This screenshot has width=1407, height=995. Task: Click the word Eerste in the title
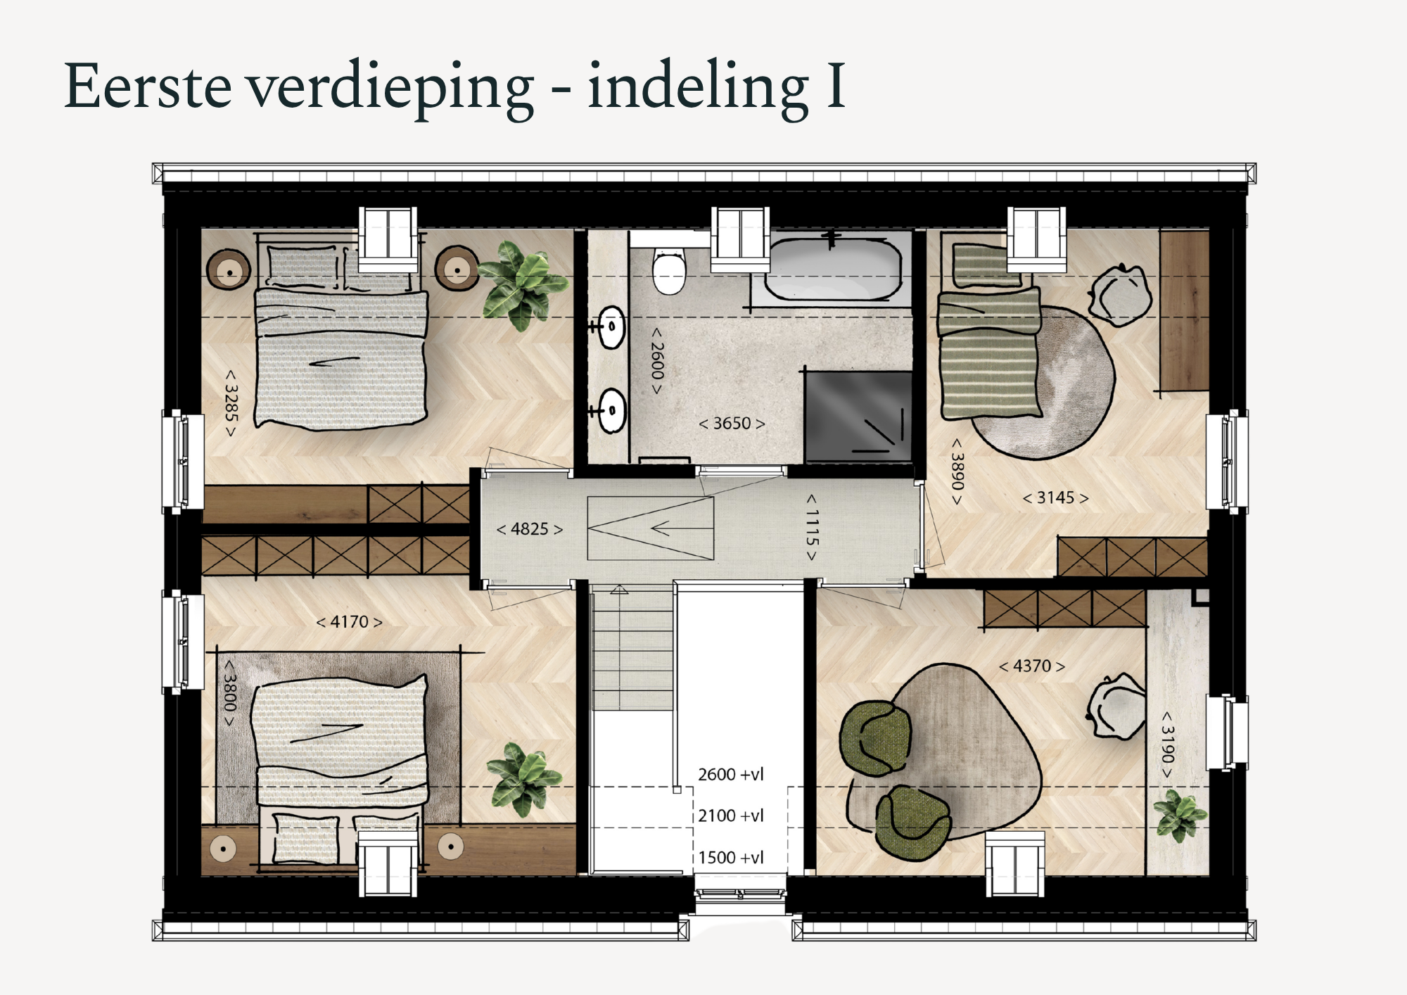pyautogui.click(x=148, y=86)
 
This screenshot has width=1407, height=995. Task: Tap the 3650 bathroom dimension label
pyautogui.click(x=732, y=424)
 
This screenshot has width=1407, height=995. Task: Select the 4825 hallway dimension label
pyautogui.click(x=530, y=529)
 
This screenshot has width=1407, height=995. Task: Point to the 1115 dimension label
pyautogui.click(x=812, y=528)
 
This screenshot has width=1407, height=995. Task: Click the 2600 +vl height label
pyautogui.click(x=731, y=775)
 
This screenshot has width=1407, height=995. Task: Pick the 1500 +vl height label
pyautogui.click(x=731, y=858)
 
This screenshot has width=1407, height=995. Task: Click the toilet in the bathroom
pyautogui.click(x=668, y=271)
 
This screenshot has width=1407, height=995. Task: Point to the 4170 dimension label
pyautogui.click(x=349, y=622)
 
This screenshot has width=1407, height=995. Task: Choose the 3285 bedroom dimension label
pyautogui.click(x=231, y=403)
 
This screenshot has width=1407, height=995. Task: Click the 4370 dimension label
pyautogui.click(x=1032, y=666)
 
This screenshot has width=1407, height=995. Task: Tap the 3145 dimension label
pyautogui.click(x=1055, y=498)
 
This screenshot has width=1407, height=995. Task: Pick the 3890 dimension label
pyautogui.click(x=957, y=471)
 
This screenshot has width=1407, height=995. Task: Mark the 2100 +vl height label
pyautogui.click(x=731, y=816)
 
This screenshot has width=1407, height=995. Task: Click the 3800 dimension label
pyautogui.click(x=229, y=692)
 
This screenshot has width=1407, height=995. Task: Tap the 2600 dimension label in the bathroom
pyautogui.click(x=656, y=361)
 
